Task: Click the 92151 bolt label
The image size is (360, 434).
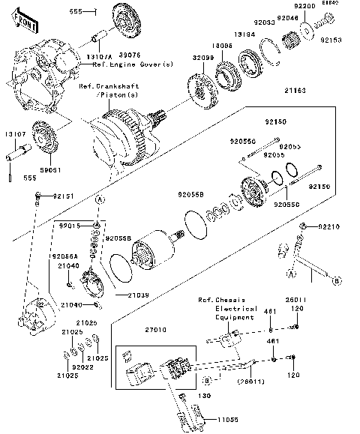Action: click(x=62, y=196)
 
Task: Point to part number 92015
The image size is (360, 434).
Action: click(x=70, y=225)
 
